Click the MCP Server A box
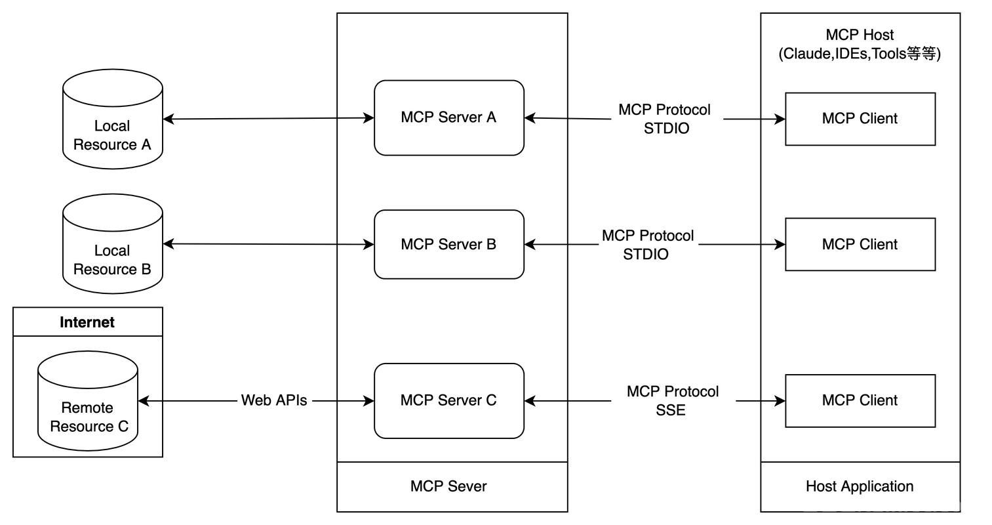[449, 118]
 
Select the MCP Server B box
[449, 244]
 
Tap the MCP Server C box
[449, 401]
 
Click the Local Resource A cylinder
[113, 119]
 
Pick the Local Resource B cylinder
[113, 244]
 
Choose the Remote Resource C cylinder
[88, 401]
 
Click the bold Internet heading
[87, 322]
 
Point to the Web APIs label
[273, 400]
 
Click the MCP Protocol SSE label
[672, 401]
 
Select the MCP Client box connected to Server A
[860, 119]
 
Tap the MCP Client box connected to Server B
[860, 244]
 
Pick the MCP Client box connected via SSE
[860, 401]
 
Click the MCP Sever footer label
[448, 486]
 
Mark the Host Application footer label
[860, 486]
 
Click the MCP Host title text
[860, 45]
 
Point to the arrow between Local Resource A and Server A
[269, 118]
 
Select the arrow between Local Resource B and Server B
[269, 244]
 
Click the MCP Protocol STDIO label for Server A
[664, 119]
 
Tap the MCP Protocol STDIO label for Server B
[648, 245]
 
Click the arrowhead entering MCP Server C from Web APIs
[369, 401]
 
